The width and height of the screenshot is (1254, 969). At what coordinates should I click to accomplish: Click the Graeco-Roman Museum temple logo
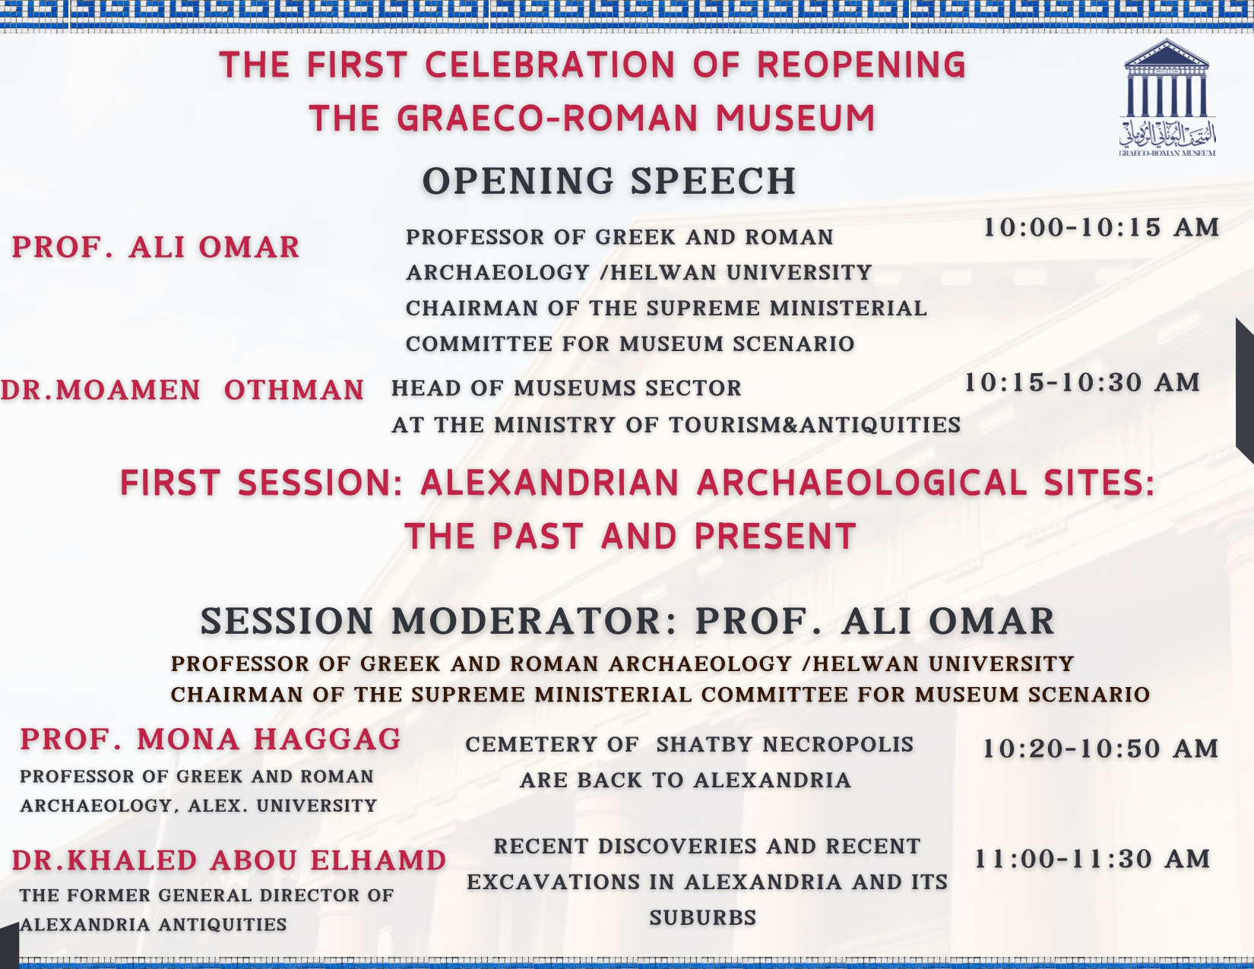click(x=1167, y=98)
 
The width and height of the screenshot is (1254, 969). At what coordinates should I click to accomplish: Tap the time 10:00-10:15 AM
click(x=1101, y=227)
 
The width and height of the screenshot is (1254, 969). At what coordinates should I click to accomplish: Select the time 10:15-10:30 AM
click(x=1082, y=382)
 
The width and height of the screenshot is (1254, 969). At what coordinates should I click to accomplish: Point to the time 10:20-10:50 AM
click(x=1100, y=749)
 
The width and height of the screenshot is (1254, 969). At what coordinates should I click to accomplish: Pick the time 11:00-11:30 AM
click(x=1092, y=859)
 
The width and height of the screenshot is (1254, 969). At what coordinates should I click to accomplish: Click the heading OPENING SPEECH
click(x=610, y=181)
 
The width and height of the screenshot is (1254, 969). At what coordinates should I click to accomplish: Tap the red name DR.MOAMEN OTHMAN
click(x=182, y=390)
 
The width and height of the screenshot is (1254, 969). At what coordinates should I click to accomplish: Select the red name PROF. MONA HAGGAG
click(x=211, y=739)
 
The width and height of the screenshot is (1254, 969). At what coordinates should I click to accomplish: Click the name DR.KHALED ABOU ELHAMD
click(x=229, y=860)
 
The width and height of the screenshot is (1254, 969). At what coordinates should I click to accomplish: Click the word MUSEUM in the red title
click(x=796, y=118)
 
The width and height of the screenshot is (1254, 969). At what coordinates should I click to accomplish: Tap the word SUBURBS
click(x=703, y=917)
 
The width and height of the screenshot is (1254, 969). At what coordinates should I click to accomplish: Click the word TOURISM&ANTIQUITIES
click(x=815, y=425)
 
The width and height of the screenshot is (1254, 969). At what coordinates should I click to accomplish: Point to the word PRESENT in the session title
click(x=775, y=536)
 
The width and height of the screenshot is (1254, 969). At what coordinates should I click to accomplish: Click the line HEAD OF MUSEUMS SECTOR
click(x=566, y=388)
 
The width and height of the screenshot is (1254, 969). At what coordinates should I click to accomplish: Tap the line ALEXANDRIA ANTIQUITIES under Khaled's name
click(x=154, y=925)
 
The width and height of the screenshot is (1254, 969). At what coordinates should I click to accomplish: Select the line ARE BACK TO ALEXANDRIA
click(x=686, y=781)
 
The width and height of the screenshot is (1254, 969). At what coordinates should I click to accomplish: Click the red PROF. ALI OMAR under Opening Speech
click(x=156, y=247)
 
